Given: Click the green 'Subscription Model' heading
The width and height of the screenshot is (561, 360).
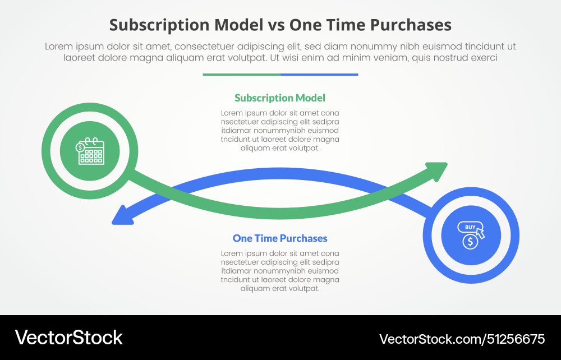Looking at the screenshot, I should coord(279,98).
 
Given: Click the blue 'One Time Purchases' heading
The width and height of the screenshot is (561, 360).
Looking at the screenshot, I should coord(280,238).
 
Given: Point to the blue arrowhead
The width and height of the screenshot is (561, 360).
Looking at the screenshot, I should coord(122,215).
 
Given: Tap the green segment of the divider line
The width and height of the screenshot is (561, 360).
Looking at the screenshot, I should coord(241,74).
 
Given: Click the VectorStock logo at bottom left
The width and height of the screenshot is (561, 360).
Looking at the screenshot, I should coord(68,337).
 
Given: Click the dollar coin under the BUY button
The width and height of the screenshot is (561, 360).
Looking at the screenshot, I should coord(470,242).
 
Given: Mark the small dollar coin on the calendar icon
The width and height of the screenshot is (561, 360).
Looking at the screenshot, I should coord(81,147).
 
